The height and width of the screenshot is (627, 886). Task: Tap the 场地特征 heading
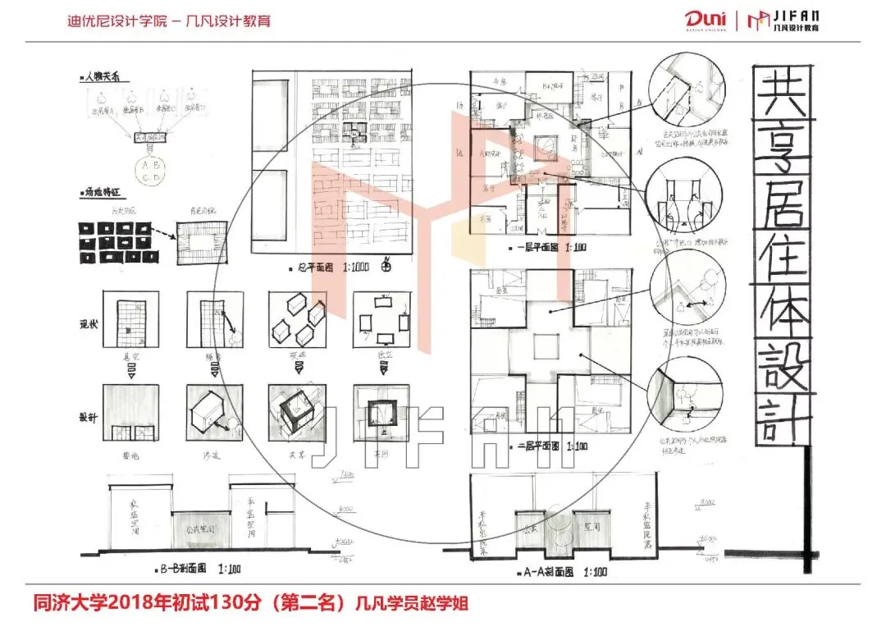[99, 195]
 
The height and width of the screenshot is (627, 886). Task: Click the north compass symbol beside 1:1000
[386, 267]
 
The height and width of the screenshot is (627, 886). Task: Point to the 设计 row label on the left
[89, 417]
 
